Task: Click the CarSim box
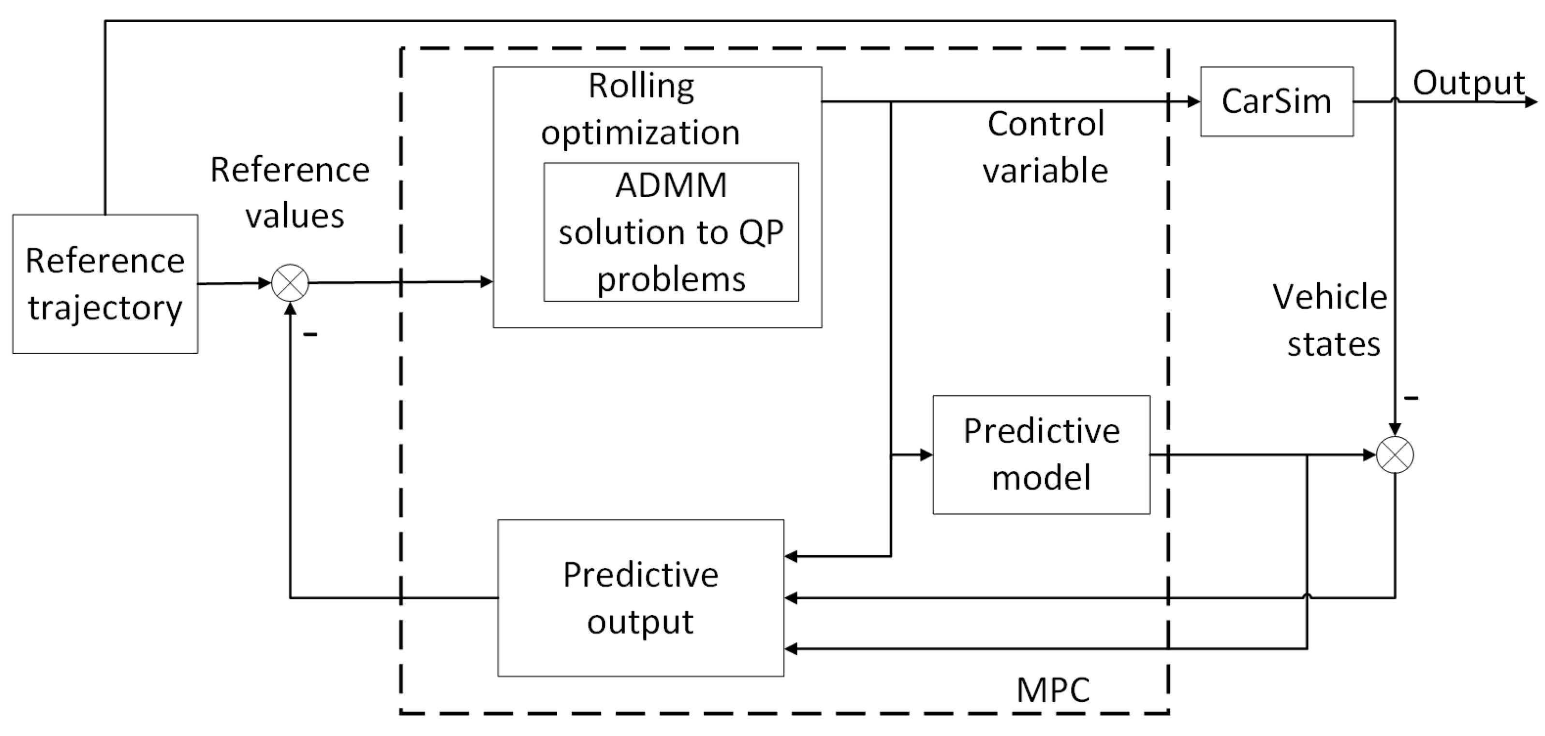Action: tap(1276, 101)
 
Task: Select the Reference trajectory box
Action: tap(105, 284)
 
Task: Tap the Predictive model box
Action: tap(1041, 454)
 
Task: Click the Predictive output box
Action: tap(641, 598)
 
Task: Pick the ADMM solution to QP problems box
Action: tap(671, 232)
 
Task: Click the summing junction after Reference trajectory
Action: tap(290, 283)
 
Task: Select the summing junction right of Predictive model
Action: tap(1395, 455)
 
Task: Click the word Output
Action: tap(1468, 83)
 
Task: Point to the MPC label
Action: tap(1053, 690)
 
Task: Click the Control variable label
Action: tap(1045, 147)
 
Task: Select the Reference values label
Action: tap(290, 192)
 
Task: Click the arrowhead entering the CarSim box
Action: tap(1193, 102)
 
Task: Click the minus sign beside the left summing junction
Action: tap(310, 334)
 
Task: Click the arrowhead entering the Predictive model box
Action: tap(926, 455)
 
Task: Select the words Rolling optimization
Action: tap(641, 108)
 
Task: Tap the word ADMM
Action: tap(671, 185)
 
